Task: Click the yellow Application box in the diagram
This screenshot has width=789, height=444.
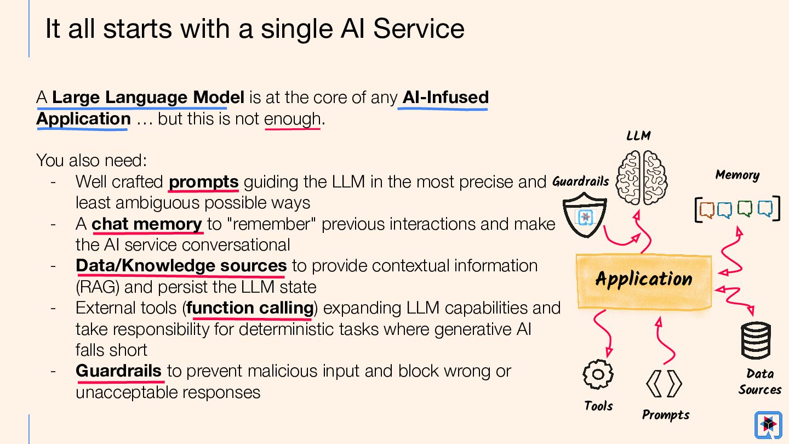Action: (x=644, y=281)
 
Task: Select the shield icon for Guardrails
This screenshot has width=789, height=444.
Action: (x=585, y=217)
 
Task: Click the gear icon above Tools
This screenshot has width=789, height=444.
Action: (x=598, y=374)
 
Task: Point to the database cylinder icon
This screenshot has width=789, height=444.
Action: (x=756, y=340)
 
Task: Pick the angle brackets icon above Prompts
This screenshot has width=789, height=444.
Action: (x=664, y=384)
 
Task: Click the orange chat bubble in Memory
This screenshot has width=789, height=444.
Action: (x=707, y=209)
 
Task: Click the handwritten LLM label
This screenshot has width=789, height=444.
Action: (x=639, y=135)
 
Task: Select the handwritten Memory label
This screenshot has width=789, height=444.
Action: (x=737, y=175)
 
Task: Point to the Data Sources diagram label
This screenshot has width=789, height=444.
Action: (x=759, y=382)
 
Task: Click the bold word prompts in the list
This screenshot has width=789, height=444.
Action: (x=203, y=181)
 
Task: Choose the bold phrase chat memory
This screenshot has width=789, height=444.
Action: (x=147, y=224)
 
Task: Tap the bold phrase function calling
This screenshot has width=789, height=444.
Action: (x=250, y=308)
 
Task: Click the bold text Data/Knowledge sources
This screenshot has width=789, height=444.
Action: (x=181, y=266)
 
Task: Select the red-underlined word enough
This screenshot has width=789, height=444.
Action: (x=292, y=119)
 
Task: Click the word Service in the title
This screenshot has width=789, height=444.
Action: (x=419, y=29)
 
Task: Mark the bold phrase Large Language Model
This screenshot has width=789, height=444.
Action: (x=148, y=98)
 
